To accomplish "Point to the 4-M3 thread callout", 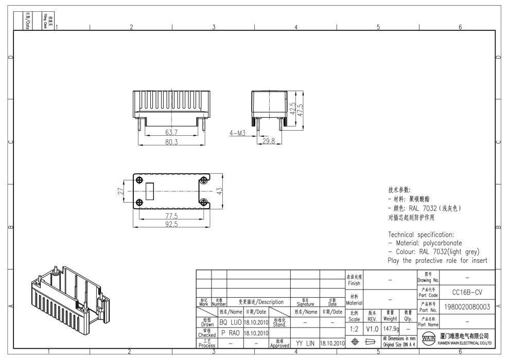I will tap(237, 133).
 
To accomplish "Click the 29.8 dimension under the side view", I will tap(269, 140).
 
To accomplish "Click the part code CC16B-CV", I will tap(466, 292).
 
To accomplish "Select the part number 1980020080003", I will tap(466, 308).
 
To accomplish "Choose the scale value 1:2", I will tap(354, 328).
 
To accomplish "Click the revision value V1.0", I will tap(372, 328).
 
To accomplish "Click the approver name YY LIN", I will tap(305, 343).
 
